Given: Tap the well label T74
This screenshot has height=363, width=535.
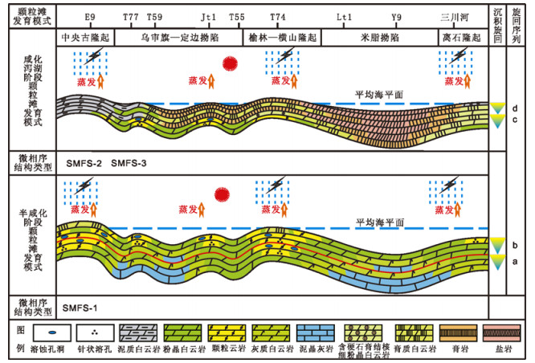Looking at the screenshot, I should coord(277,16).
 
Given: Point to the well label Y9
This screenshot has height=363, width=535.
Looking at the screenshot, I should coord(397,16).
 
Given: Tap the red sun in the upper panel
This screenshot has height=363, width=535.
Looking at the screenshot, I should coord(231,63).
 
